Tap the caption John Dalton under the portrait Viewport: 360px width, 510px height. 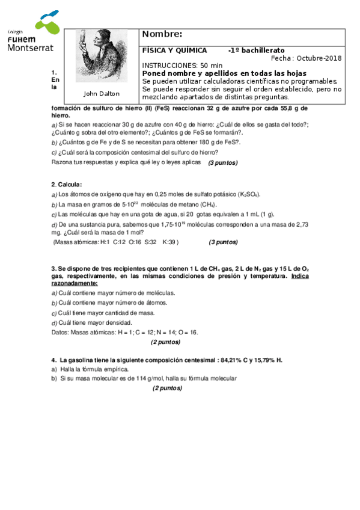(101, 93)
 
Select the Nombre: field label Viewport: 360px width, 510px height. (162, 34)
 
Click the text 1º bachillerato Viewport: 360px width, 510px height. (257, 51)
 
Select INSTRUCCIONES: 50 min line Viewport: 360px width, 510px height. (182, 66)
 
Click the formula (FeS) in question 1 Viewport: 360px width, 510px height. (161, 108)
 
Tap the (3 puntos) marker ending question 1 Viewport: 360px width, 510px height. (222, 163)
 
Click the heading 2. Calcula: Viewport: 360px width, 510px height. (67, 185)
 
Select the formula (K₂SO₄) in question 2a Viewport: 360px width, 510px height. (249, 194)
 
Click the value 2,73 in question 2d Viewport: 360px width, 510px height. (299, 224)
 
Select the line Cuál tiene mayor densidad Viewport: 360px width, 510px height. (91, 322)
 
